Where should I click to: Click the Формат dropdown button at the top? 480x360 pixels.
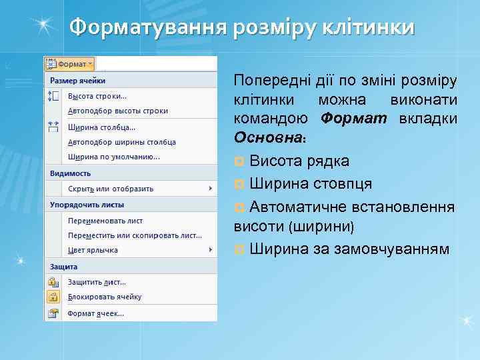pos(69,64)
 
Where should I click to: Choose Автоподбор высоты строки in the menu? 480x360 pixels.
pos(117,111)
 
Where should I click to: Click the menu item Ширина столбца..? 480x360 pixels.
pos(101,127)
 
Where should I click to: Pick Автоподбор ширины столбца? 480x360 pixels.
pos(121,142)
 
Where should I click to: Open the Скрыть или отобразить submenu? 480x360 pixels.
pos(111,189)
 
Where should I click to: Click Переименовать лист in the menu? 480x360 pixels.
pos(105,220)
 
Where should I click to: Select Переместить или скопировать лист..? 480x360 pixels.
pos(135,235)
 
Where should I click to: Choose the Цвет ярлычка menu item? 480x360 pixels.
pos(93,250)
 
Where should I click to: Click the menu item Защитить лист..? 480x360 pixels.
pos(97,282)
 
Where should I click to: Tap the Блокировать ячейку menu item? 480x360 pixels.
pos(105,297)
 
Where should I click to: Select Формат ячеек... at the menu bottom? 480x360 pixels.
pos(96,313)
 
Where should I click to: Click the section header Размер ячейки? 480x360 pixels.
pos(74,80)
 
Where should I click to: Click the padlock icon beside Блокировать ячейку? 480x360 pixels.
pos(53,297)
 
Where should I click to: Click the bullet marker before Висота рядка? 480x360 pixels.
pos(240,162)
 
